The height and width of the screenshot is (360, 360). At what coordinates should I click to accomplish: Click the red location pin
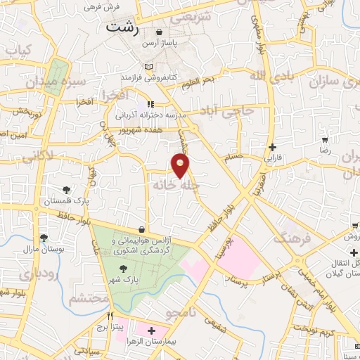(x=181, y=166)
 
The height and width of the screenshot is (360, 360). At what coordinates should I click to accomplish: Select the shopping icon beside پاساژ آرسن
(x=160, y=32)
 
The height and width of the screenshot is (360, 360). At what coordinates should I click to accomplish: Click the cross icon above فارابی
(x=272, y=147)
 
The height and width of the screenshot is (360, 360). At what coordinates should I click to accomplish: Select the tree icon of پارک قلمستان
(x=66, y=189)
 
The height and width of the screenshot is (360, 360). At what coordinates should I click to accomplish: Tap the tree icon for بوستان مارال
(x=44, y=238)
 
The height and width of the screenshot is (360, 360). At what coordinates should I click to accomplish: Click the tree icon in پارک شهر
(x=124, y=268)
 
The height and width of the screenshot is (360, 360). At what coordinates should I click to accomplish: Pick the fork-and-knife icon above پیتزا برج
(x=109, y=316)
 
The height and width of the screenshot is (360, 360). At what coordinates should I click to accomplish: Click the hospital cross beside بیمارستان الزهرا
(x=152, y=329)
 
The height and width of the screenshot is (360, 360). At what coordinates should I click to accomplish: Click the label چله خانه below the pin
(x=173, y=186)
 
